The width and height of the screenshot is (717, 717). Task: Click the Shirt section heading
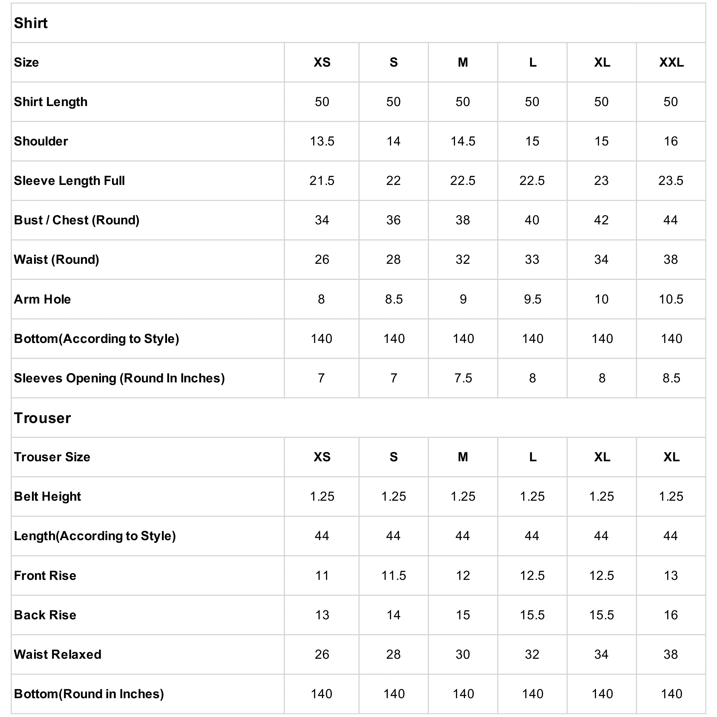pyautogui.click(x=31, y=23)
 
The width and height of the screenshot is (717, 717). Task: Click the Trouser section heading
pyautogui.click(x=42, y=418)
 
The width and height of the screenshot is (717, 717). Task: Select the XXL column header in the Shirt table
pyautogui.click(x=671, y=62)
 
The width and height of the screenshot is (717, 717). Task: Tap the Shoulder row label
pyautogui.click(x=41, y=141)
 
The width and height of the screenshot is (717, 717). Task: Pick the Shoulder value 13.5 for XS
pyautogui.click(x=322, y=141)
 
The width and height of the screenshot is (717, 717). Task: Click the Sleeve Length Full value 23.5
pyautogui.click(x=671, y=181)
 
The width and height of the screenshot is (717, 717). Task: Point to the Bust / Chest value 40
pyautogui.click(x=532, y=220)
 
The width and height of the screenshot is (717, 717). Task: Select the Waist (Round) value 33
pyautogui.click(x=532, y=259)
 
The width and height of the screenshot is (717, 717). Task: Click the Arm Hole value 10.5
pyautogui.click(x=671, y=299)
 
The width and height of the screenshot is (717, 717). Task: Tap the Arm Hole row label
pyautogui.click(x=42, y=299)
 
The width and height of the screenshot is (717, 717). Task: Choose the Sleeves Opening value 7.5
pyautogui.click(x=463, y=378)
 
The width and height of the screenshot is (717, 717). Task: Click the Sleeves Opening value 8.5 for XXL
pyautogui.click(x=671, y=378)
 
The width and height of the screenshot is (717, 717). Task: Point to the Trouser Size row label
pyautogui.click(x=52, y=457)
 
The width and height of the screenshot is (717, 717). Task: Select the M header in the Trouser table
pyautogui.click(x=463, y=457)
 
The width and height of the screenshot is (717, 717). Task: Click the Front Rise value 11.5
pyautogui.click(x=393, y=576)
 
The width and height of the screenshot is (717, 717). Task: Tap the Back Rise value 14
pyautogui.click(x=393, y=615)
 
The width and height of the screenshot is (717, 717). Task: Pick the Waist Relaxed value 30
pyautogui.click(x=463, y=654)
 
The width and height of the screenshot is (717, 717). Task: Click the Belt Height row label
pyautogui.click(x=47, y=496)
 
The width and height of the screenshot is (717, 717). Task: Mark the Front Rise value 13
pyautogui.click(x=671, y=576)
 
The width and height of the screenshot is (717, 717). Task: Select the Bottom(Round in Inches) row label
pyautogui.click(x=89, y=694)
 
